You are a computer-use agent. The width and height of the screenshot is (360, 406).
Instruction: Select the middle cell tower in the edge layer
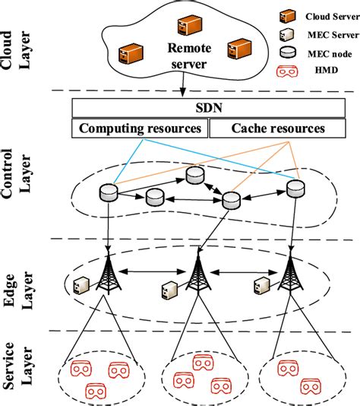(x=197, y=275)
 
